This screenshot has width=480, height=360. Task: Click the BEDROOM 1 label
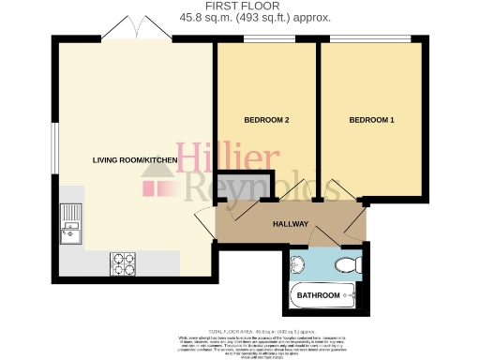372,120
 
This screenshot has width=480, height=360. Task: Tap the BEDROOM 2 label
266,120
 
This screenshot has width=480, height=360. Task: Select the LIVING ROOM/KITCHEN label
135,160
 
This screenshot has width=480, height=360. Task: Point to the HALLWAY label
292,225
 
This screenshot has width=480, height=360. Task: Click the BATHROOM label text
319,296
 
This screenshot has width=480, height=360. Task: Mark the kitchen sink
71,224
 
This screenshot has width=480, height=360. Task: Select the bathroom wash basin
299,263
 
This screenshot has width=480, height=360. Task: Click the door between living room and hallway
203,226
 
